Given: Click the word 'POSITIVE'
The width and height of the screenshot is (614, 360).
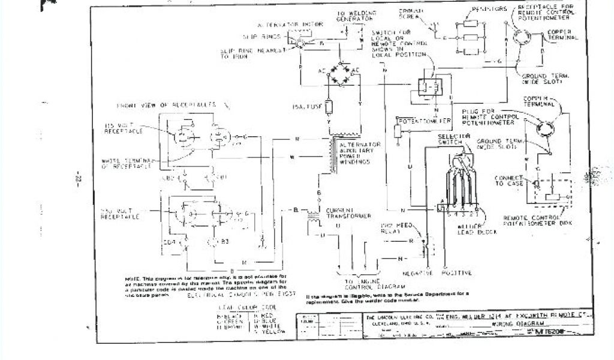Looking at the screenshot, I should (x=457, y=273).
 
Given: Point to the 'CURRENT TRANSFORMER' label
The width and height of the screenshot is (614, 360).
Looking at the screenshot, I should (x=348, y=213).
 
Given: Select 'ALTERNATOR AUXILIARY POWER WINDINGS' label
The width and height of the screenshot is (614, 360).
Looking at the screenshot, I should (x=360, y=155).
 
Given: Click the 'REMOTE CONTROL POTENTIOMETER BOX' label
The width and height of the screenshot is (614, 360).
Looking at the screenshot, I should (x=534, y=220).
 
